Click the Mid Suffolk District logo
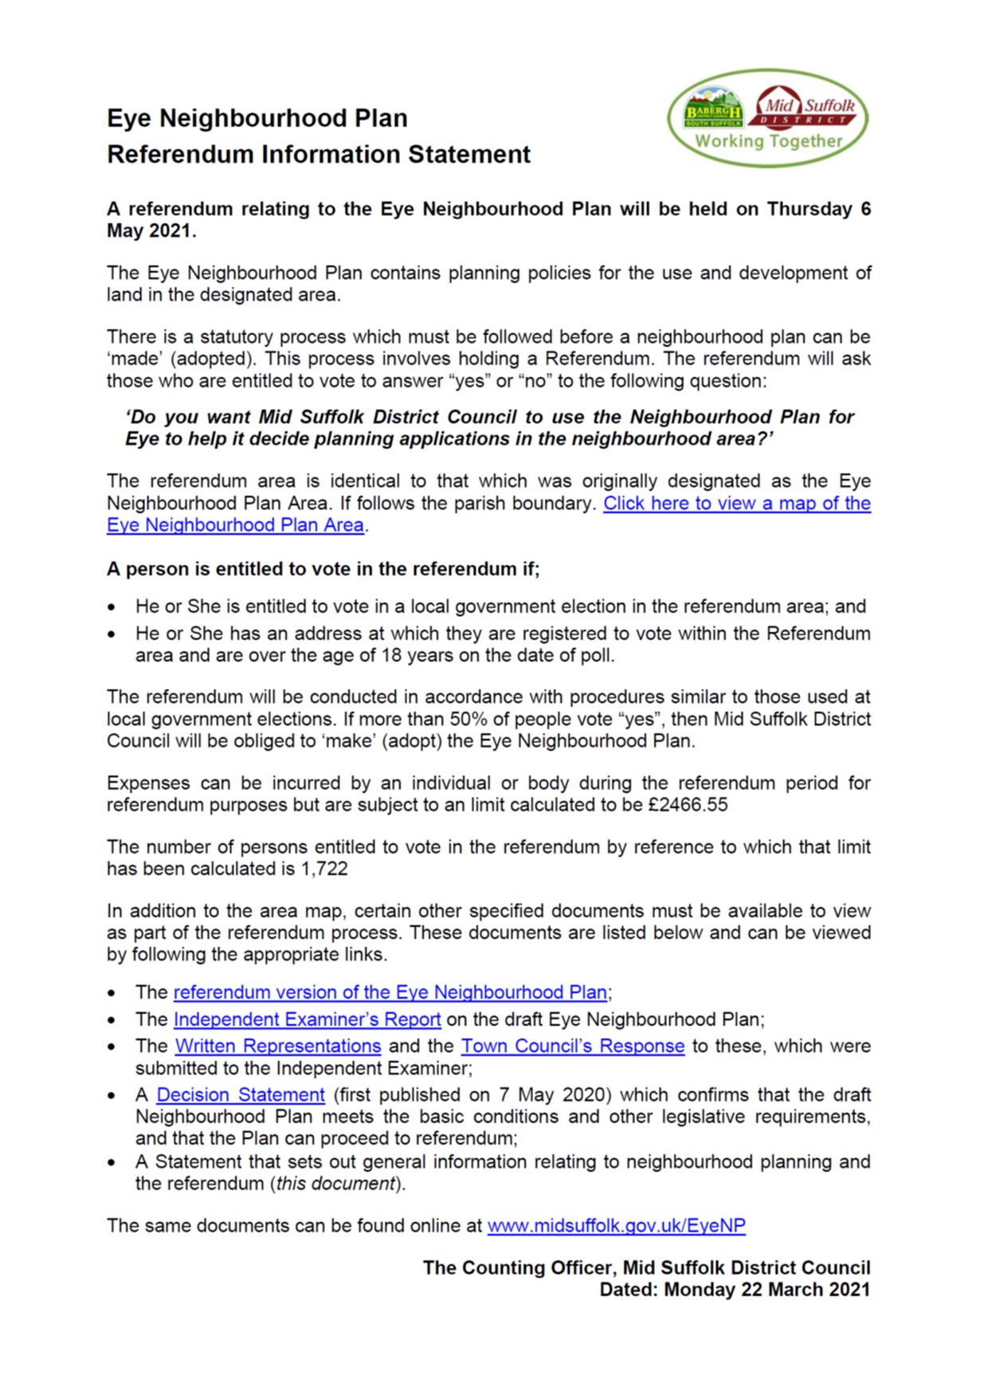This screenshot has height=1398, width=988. tap(807, 108)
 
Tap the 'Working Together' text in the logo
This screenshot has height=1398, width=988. tap(768, 142)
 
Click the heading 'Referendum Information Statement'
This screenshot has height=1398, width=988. tap(319, 154)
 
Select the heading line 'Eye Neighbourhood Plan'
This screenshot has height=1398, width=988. tap(257, 118)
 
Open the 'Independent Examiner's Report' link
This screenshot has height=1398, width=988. tap(307, 1019)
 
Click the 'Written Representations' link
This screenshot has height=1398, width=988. tap(278, 1046)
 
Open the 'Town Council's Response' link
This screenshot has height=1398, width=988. tap(573, 1046)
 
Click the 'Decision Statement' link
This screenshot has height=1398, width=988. tap(241, 1095)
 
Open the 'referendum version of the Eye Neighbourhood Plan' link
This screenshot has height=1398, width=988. tap(390, 992)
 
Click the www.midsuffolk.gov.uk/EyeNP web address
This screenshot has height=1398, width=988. tap(616, 1226)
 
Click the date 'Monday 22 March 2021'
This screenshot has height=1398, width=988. tap(766, 1290)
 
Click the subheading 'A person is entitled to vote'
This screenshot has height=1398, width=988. tap(323, 569)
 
